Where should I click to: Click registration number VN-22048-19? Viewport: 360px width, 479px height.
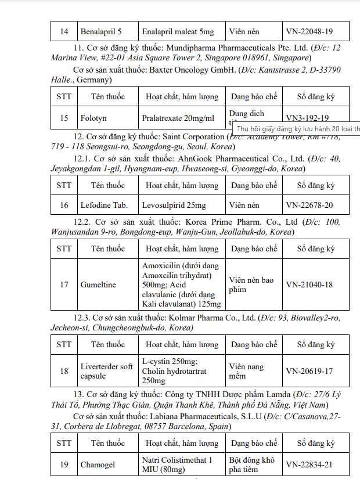(x=309, y=31)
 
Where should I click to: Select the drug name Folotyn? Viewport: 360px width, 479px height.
(x=93, y=118)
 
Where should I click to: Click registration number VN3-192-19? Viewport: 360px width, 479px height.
(x=307, y=118)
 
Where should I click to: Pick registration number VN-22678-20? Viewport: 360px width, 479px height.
(x=309, y=205)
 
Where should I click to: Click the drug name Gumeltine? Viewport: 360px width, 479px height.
(x=98, y=284)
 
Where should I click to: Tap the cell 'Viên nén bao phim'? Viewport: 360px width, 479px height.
(x=251, y=284)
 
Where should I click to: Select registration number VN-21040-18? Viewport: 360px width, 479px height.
(x=309, y=284)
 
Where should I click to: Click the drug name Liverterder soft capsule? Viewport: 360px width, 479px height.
(x=106, y=371)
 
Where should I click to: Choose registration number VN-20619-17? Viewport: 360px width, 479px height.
(x=309, y=371)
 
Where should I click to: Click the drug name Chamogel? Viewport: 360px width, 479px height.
(x=98, y=464)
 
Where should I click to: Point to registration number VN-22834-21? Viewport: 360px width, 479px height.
(x=309, y=464)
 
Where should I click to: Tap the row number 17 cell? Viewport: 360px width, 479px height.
(x=64, y=284)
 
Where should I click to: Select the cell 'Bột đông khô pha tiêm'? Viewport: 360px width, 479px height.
(x=251, y=464)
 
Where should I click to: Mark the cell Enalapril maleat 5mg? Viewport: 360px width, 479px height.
(x=178, y=31)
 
